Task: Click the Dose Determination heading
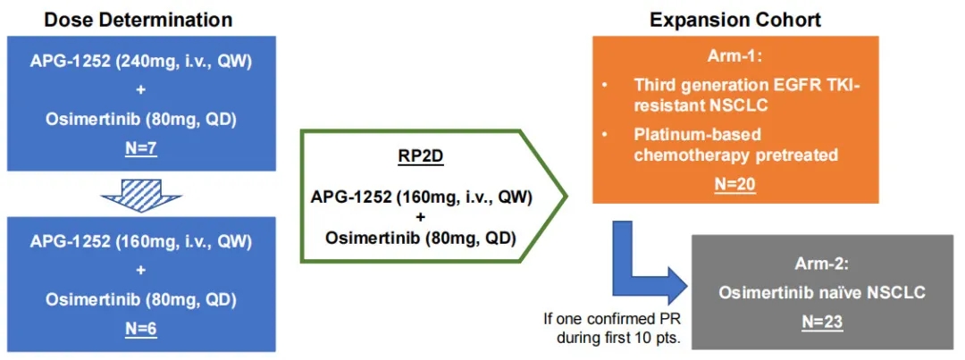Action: [x=124, y=19]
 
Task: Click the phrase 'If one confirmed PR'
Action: [x=610, y=317]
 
